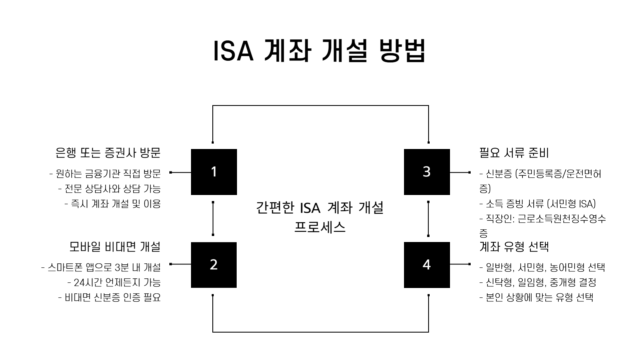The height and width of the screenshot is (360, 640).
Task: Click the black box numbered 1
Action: pos(214,172)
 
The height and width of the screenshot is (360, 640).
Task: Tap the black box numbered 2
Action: pos(214,265)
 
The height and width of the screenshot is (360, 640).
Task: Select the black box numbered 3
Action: pos(427,172)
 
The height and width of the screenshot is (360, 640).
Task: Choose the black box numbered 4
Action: pos(427,265)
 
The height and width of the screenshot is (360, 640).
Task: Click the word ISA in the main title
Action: pos(233,51)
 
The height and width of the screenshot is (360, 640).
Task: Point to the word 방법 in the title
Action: pos(403,51)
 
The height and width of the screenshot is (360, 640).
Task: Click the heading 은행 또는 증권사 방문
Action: pos(108,153)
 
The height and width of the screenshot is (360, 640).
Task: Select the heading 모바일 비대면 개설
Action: pos(115,247)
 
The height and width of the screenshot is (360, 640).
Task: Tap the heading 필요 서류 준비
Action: pos(514,153)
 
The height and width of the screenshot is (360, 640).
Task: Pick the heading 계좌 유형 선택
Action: pos(514,247)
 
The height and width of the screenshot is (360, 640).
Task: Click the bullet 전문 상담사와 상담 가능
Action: pos(109,189)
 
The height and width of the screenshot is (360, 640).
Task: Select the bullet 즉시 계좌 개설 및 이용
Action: pos(113,204)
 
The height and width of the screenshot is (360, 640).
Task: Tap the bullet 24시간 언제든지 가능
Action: pos(114,282)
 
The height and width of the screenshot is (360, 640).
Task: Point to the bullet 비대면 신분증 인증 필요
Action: pos(109,297)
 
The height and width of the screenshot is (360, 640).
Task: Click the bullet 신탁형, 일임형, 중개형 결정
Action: pos(538,282)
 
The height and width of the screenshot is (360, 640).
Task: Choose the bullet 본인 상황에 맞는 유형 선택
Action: pos(536,297)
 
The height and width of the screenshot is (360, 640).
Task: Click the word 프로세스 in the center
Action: pos(320,227)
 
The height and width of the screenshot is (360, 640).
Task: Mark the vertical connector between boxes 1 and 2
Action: pos(213,219)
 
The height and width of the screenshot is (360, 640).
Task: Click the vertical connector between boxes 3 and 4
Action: pos(428,219)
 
